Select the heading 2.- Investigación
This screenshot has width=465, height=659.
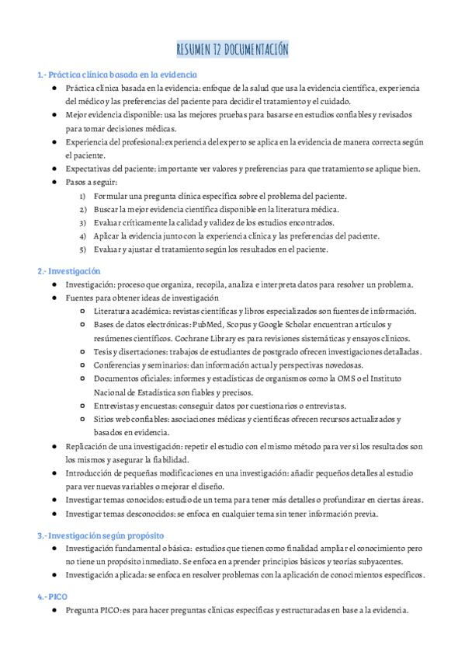pos(69,271)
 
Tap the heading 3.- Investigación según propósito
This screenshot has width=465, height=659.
pos(100,535)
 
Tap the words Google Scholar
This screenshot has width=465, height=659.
pos(284,324)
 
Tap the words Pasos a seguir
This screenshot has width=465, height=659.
pos(91,182)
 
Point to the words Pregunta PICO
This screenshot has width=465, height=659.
pos(92,611)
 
